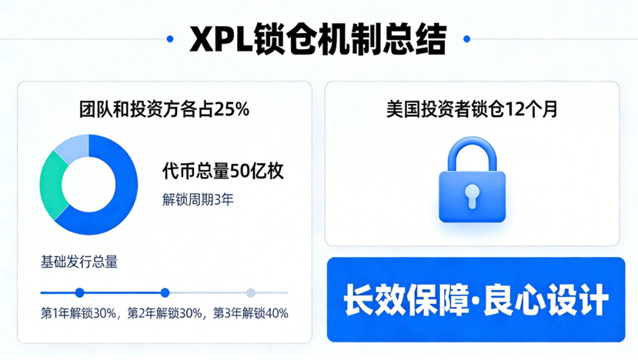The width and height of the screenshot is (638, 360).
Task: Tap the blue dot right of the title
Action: tap(466, 38)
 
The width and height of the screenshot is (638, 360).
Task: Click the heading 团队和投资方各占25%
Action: tap(165, 109)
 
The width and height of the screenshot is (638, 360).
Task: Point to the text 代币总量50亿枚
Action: tap(223, 171)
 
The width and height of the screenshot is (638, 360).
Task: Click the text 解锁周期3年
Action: tap(198, 200)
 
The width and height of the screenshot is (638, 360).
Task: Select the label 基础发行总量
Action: tap(78, 262)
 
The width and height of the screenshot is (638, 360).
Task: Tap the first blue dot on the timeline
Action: tap(79, 292)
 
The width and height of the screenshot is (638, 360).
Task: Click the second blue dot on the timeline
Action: tap(165, 292)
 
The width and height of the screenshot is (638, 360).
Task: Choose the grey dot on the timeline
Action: tap(250, 292)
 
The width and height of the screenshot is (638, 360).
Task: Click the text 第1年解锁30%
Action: tap(79, 314)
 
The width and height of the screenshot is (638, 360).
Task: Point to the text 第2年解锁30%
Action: tap(165, 314)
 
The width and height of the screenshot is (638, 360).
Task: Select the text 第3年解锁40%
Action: tap(251, 314)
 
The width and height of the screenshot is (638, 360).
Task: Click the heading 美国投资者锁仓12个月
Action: tap(472, 109)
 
